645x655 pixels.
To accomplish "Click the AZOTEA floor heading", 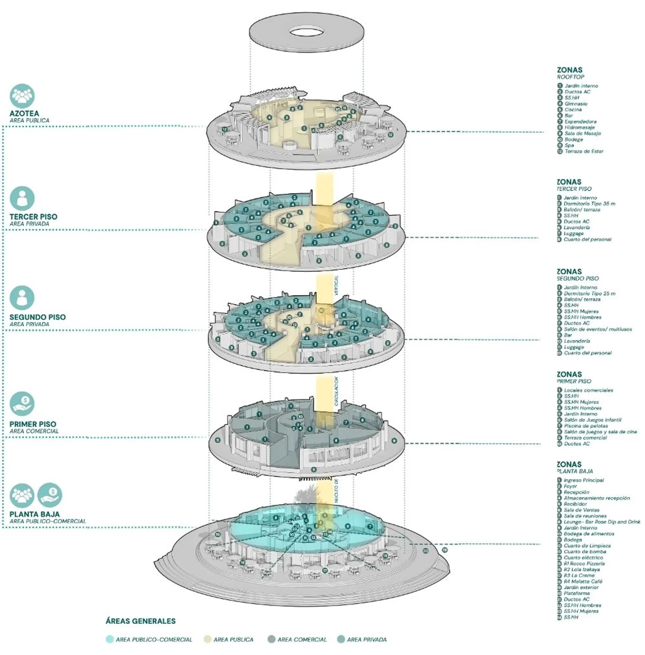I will pos(24,113).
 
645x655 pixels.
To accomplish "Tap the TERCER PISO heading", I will pos(33,217).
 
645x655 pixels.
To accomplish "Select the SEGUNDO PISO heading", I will pos(38,317).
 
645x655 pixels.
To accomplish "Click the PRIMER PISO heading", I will pos(33,424).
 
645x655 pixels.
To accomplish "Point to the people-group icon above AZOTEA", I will pos(22,96).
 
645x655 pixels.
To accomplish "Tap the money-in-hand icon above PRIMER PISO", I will pos(22,404).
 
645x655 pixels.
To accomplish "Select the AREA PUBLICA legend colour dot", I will pos(207,639).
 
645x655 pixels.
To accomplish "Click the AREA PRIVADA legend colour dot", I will pos(341,639).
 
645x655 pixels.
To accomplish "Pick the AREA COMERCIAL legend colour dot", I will pos(271,639).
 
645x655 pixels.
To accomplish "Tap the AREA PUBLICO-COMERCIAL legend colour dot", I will pos(109,639).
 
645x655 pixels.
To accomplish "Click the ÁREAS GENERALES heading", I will pos(141,621).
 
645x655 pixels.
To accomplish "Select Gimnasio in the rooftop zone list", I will pos(576,104).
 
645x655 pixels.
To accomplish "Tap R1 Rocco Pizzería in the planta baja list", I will pos(584,564).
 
